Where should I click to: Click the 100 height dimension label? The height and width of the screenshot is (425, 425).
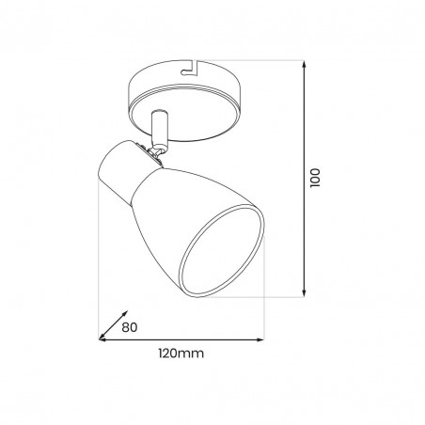(x=315, y=178)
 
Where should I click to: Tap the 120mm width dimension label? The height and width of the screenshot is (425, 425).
(x=181, y=354)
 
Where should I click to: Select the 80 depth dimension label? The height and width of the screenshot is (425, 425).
(x=130, y=327)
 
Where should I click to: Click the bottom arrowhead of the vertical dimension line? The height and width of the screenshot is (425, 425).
(x=304, y=293)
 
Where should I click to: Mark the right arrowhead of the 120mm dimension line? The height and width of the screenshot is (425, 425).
(x=261, y=339)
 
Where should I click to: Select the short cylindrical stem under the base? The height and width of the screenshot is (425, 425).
(x=159, y=127)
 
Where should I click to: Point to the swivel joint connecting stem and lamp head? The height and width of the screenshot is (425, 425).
(x=154, y=153)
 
